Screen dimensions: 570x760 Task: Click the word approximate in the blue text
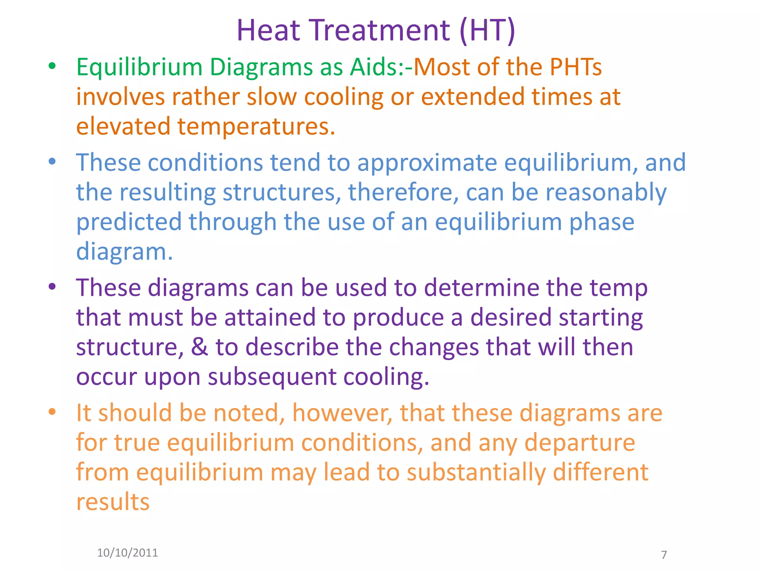point(427,163)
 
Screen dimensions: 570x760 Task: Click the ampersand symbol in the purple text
point(199,347)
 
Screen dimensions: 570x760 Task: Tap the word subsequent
point(272,377)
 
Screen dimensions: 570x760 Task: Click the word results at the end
point(112,502)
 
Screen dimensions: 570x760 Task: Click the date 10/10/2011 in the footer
point(127,553)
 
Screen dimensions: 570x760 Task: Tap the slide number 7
point(664,555)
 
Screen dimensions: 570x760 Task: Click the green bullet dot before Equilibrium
point(52,66)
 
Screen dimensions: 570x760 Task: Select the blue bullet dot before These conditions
point(52,161)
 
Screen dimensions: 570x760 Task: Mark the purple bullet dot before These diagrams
point(52,286)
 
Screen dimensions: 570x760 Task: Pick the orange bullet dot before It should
point(52,412)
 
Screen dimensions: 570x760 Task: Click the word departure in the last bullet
point(580,443)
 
